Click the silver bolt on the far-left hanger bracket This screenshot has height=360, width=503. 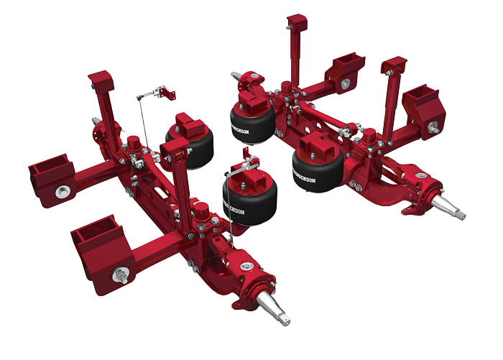point(63,192)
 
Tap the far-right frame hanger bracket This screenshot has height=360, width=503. point(423,108)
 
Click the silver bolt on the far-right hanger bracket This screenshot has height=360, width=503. point(433,127)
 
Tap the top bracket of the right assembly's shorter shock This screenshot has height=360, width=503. point(394,66)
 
